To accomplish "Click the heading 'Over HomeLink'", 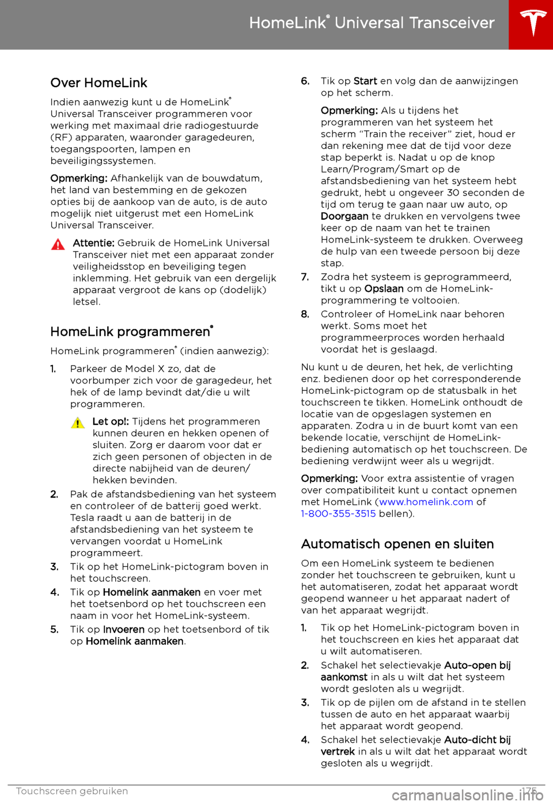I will (99, 83).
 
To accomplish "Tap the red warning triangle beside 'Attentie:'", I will (58, 244).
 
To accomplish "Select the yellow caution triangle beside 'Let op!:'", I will (78, 423).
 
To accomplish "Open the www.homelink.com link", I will (426, 502).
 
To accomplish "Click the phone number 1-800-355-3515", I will (338, 514).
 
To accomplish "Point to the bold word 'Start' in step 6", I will (365, 81).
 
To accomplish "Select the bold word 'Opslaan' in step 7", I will (384, 289).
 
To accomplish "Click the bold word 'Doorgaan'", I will (344, 216).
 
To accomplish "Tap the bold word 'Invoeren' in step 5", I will (123, 630).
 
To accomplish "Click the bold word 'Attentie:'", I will (93, 243).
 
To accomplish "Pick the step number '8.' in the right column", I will (305, 314).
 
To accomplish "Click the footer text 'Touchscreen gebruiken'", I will (72, 791).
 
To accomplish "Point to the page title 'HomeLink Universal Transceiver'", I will (372, 23).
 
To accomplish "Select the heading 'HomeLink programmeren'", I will (131, 332).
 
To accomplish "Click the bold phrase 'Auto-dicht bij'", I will (478, 740).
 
